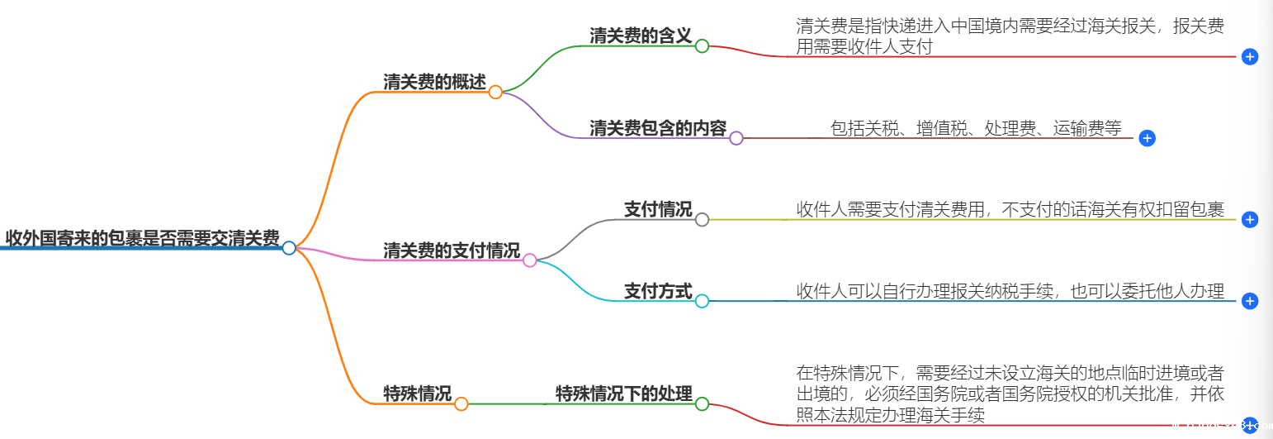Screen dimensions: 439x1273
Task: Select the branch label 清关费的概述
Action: [x=434, y=82]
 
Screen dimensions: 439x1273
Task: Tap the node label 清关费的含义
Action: [x=641, y=36]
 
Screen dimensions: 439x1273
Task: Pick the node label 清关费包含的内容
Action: [x=658, y=128]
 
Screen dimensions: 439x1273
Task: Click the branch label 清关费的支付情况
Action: [x=452, y=251]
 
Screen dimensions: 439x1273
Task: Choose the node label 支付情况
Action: [x=658, y=209]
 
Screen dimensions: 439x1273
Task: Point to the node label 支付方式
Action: [x=658, y=291]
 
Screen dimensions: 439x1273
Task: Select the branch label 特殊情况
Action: [x=417, y=394]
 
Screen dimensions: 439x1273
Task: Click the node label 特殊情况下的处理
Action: [x=623, y=394]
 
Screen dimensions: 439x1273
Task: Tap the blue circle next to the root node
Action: [x=289, y=248]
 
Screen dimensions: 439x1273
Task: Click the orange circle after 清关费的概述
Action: [x=495, y=92]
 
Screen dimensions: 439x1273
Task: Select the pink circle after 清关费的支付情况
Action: [x=530, y=260]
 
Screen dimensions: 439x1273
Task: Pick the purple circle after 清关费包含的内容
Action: [x=736, y=138]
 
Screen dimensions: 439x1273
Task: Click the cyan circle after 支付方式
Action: [x=702, y=301]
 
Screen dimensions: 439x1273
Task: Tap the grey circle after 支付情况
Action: [x=702, y=219]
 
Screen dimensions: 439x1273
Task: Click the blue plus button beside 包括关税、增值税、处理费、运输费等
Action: [x=1147, y=138]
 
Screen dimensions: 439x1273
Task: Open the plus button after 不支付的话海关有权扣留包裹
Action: [x=1250, y=219]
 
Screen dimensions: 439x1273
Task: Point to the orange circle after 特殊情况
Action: [x=461, y=403]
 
